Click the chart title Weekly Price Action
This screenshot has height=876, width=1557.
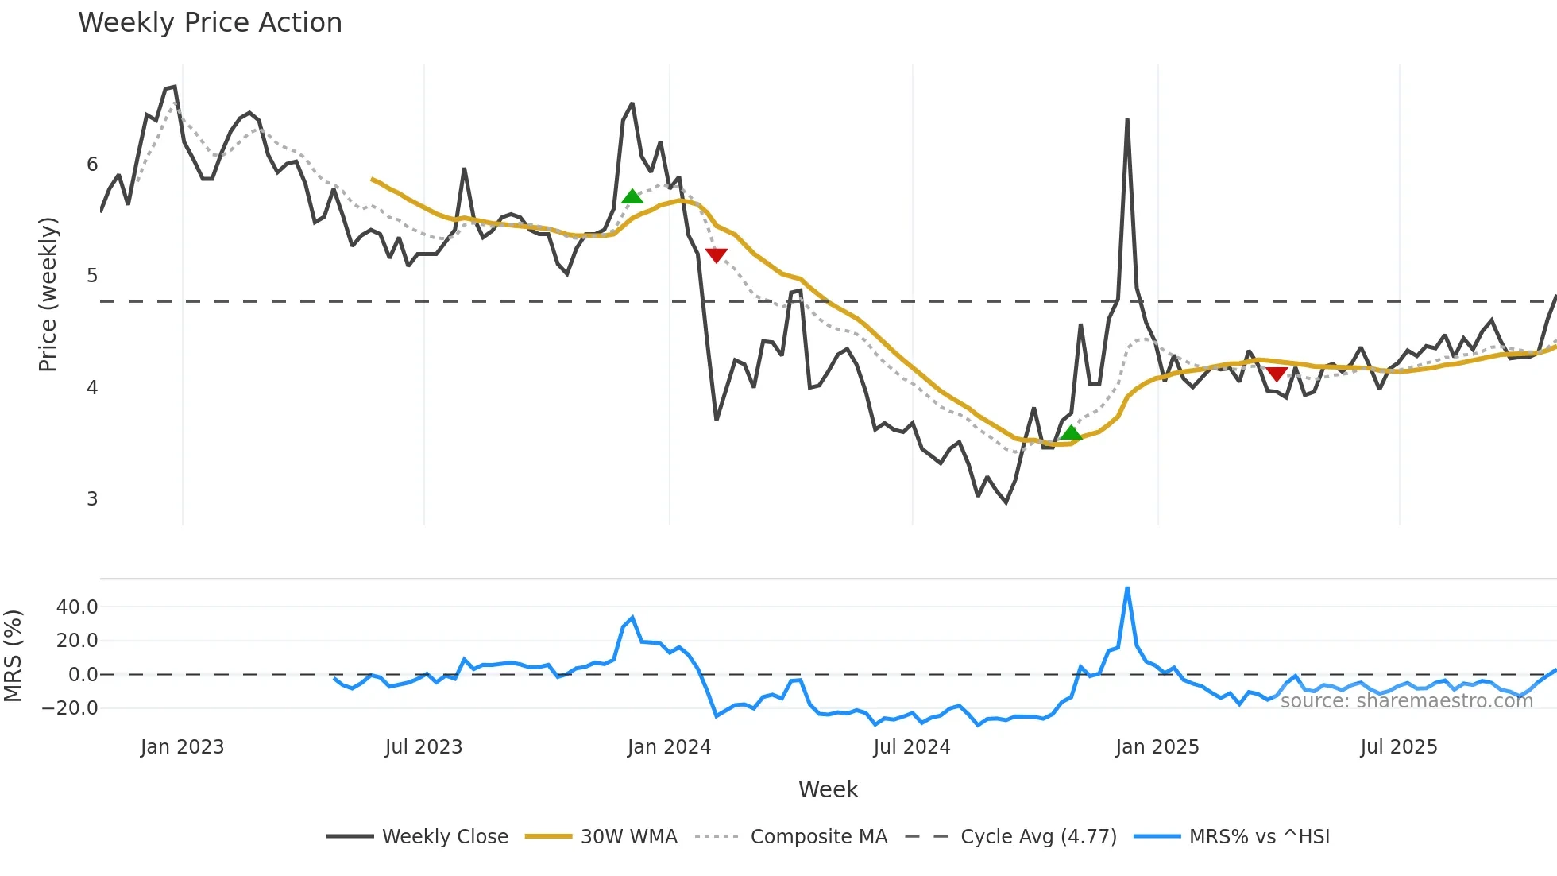[210, 23]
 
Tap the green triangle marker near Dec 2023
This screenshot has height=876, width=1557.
[632, 196]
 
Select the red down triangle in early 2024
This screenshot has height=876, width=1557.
[716, 255]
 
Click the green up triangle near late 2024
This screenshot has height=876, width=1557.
[1071, 432]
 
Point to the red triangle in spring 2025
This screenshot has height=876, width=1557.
[1277, 374]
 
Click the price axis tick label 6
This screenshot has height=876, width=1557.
[92, 165]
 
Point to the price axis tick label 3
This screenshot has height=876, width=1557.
[92, 499]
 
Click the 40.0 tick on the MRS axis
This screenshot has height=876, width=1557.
[77, 607]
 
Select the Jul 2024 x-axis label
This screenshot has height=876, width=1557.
[911, 747]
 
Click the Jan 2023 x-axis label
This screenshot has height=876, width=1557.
[182, 747]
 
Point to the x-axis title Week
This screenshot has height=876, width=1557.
[828, 789]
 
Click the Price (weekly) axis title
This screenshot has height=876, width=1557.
[48, 294]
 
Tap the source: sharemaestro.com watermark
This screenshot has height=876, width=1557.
[1406, 701]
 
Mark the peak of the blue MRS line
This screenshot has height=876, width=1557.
[1127, 588]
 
